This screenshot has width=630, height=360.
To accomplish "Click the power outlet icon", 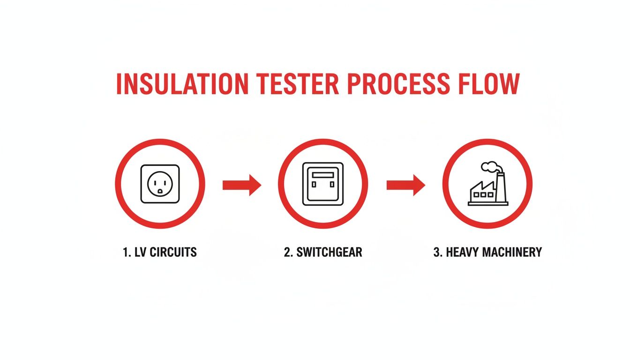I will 160,184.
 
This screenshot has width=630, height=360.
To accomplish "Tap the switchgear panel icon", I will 322,184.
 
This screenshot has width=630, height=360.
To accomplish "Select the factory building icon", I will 487,187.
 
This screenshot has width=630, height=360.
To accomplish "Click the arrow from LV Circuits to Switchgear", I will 241,185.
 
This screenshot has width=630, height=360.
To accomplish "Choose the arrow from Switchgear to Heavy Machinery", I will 405,185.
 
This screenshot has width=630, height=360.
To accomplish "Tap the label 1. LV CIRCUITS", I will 159,252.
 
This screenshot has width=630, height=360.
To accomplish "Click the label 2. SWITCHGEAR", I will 322,252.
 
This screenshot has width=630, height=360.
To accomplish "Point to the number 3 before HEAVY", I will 436,252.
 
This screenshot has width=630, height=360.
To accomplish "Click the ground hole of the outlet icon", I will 160,191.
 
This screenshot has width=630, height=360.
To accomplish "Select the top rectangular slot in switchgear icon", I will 322,174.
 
